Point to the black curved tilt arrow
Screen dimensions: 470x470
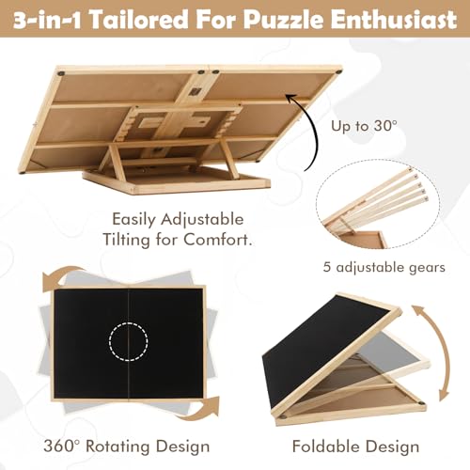314,132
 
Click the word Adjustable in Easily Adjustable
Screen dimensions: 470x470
202,220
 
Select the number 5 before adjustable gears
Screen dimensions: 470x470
327,267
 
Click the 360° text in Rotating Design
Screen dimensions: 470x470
63,446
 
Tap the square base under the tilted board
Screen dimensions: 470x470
176,181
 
